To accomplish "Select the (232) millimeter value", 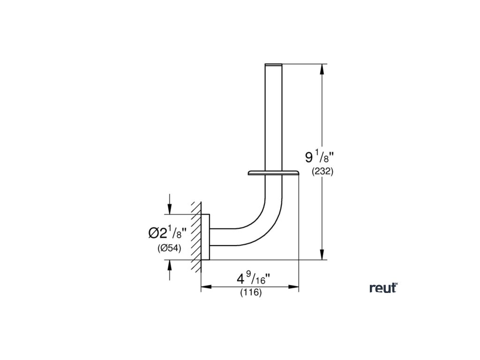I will click(322, 172).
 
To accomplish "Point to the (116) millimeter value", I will click(251, 292).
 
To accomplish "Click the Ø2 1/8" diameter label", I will click(167, 232).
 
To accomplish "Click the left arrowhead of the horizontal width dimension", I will click(205, 286).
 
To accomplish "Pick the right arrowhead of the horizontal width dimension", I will click(295, 286).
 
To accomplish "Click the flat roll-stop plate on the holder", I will click(273, 173).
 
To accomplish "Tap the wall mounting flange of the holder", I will click(205, 237).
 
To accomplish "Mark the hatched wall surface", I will click(196, 237).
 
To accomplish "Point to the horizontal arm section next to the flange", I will click(223, 237).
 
